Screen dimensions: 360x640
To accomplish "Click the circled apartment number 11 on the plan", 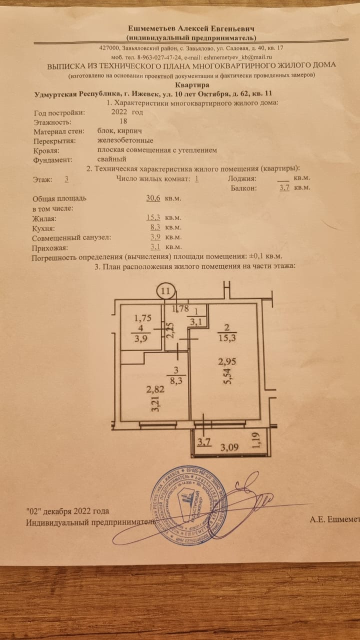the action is (x=166, y=290).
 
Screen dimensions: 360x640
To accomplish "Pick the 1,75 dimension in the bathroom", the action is (x=142, y=317).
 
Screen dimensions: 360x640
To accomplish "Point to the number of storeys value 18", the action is (x=123, y=121).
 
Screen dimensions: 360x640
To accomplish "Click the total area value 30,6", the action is (x=153, y=198).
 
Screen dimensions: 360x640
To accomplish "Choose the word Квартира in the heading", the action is (x=193, y=85).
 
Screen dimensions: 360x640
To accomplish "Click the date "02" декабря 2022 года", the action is (x=67, y=511).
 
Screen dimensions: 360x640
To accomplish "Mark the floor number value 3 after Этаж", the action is (x=66, y=178).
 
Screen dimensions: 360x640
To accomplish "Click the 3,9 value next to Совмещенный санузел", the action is (x=155, y=237).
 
